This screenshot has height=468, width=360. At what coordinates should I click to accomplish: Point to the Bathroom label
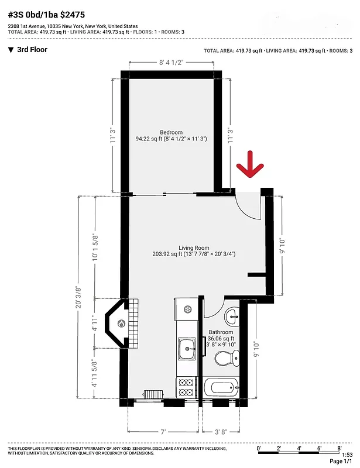221,332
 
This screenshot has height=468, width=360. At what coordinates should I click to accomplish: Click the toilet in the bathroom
225,357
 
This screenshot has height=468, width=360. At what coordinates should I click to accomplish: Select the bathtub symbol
221,387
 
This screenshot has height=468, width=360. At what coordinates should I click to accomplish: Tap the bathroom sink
232,316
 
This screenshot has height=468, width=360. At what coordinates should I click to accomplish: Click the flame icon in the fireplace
121,323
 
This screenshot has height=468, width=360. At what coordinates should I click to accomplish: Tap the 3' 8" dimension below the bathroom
221,432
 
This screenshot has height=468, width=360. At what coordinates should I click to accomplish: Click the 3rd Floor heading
32,50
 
